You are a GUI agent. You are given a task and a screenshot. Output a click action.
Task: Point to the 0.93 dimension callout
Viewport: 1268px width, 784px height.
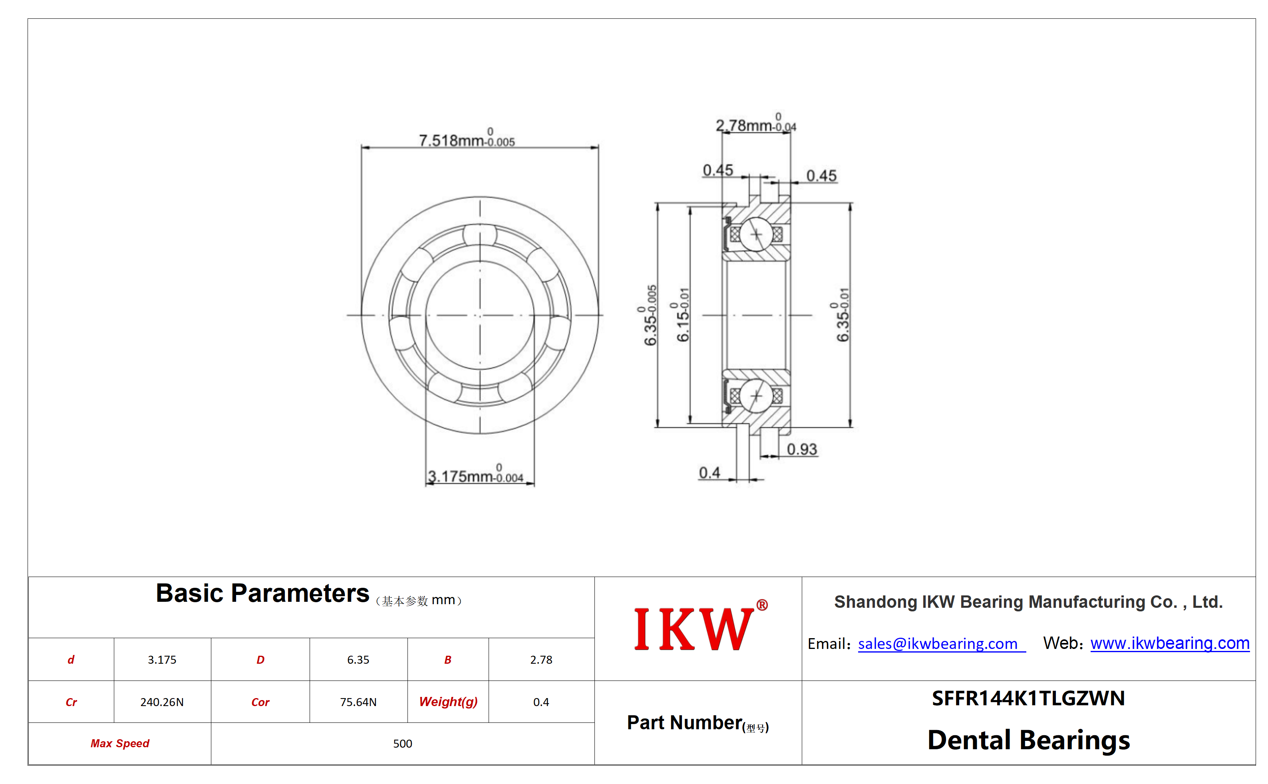tap(801, 449)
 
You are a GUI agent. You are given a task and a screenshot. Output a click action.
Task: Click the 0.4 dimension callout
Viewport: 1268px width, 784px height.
tap(709, 472)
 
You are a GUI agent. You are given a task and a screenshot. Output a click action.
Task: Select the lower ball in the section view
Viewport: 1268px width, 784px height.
tap(756, 396)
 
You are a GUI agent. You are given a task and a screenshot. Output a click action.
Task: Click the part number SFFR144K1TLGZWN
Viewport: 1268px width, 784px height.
tap(1028, 698)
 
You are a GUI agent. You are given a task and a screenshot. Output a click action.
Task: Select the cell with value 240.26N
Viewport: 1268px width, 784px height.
tap(162, 702)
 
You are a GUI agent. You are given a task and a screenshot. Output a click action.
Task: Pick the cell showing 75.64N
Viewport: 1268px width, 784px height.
tap(358, 702)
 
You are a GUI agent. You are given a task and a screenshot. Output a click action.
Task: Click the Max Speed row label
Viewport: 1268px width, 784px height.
tap(120, 743)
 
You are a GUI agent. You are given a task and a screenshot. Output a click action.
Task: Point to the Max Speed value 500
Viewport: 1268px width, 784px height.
tap(402, 743)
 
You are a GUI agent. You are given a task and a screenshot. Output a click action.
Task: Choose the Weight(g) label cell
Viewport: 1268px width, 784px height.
tap(448, 702)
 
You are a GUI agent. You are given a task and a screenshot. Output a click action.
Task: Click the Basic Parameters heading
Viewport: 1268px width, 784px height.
tap(262, 593)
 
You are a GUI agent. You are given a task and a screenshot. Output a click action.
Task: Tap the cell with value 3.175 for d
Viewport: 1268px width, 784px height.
tap(162, 660)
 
